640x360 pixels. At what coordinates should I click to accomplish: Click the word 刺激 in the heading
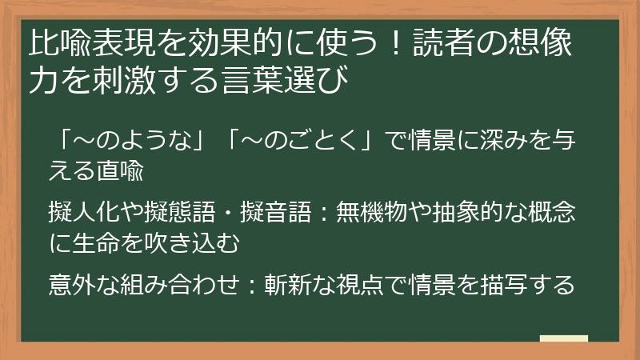pos(131,82)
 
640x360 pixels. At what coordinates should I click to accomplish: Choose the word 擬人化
pos(81,213)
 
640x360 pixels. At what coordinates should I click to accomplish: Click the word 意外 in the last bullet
pos(66,285)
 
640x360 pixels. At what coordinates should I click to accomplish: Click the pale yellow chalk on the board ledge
pos(564,338)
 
